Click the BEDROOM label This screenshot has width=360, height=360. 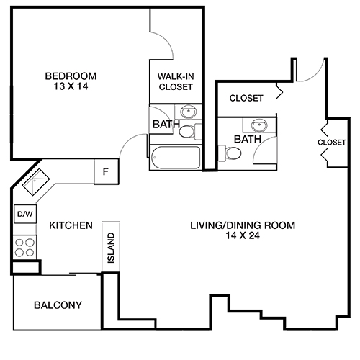(71, 76)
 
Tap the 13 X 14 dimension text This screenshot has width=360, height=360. (71, 87)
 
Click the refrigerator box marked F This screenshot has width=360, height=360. (106, 172)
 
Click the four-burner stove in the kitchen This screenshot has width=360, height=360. (24, 247)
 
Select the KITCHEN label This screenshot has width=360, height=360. (71, 226)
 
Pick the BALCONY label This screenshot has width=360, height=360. (57, 305)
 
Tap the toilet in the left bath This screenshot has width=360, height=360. (188, 132)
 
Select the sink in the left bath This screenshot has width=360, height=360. (188, 112)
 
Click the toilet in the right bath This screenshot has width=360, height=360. (233, 153)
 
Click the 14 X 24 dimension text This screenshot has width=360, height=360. (243, 235)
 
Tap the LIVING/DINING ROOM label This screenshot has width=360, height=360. (243, 225)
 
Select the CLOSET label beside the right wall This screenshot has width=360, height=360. (331, 143)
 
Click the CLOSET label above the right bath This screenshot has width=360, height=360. (246, 98)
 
